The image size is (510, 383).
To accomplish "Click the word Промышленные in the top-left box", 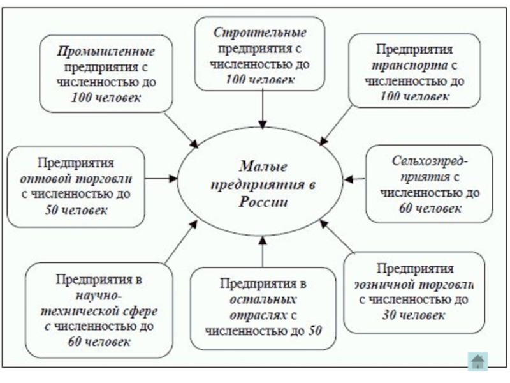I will pyautogui.click(x=107, y=50).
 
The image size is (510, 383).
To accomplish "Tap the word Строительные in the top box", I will pyautogui.click(x=259, y=32).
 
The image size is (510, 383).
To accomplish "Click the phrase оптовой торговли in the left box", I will pyautogui.click(x=76, y=178).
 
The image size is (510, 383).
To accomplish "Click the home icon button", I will pyautogui.click(x=477, y=361).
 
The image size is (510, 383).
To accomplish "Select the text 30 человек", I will pyautogui.click(x=414, y=315).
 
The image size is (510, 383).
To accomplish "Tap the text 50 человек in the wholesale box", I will pyautogui.click(x=76, y=210).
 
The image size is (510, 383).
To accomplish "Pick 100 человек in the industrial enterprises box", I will pyautogui.click(x=107, y=98).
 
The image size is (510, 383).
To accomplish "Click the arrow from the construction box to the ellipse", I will pyautogui.click(x=263, y=109).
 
